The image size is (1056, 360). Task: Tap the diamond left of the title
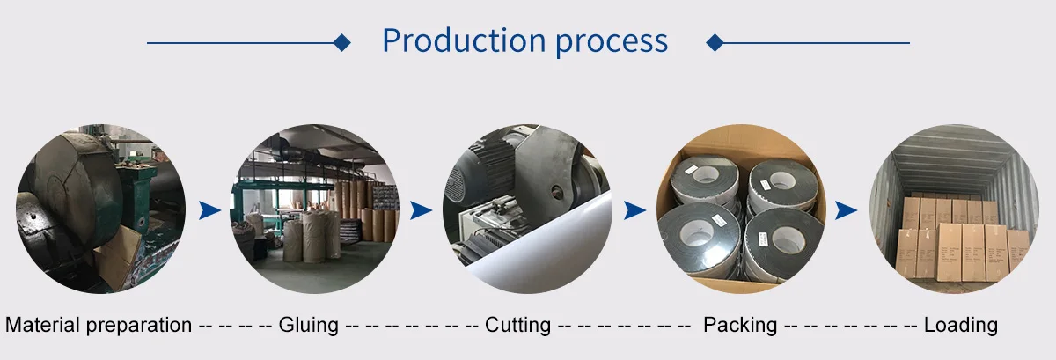(x=343, y=42)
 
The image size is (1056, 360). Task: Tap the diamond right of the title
(x=715, y=42)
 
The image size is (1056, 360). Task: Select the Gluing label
(x=308, y=325)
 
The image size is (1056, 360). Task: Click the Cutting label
(x=517, y=325)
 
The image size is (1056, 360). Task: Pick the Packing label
(x=739, y=325)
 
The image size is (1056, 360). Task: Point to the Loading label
(x=960, y=325)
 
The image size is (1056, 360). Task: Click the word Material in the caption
(x=42, y=325)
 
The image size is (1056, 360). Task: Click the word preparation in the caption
(x=138, y=325)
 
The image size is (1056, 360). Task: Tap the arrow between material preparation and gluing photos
(x=209, y=209)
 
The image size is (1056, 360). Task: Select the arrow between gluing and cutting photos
(x=421, y=209)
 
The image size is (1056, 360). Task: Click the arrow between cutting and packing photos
(x=634, y=209)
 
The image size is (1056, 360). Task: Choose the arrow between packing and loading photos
(x=846, y=209)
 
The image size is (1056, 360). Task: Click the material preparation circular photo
(x=100, y=209)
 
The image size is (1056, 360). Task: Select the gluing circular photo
(x=314, y=209)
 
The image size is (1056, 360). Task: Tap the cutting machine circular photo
(x=526, y=209)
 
